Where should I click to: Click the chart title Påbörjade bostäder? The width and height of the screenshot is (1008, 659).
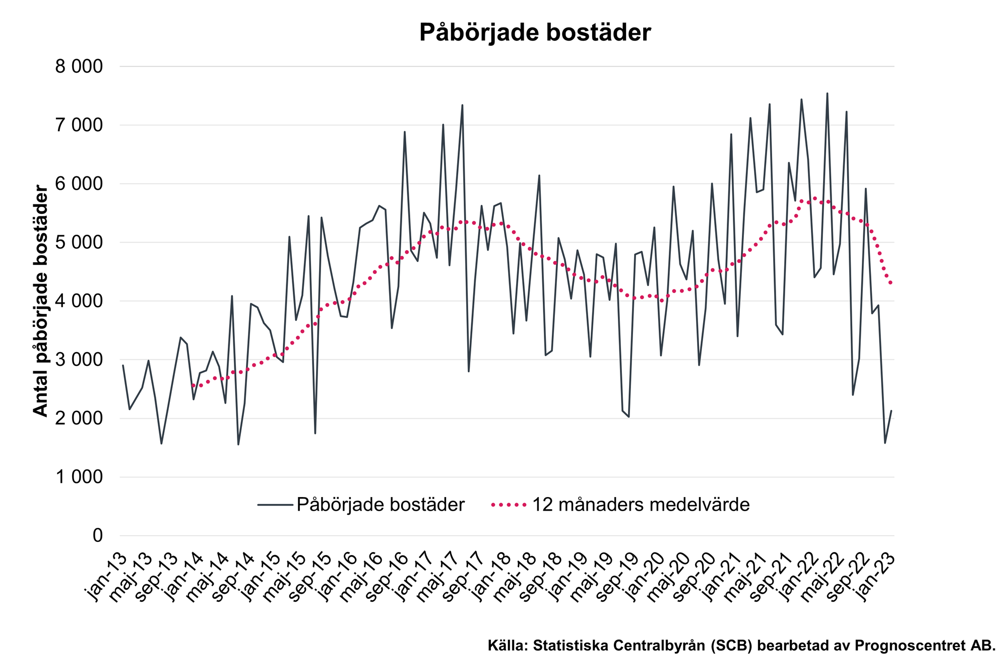click(x=535, y=32)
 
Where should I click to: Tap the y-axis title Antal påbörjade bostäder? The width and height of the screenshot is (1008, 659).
click(x=40, y=301)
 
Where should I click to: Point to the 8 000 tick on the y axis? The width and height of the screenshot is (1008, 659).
click(x=79, y=67)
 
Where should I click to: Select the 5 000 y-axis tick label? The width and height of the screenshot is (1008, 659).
click(x=79, y=243)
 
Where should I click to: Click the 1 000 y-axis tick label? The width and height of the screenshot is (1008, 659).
click(x=79, y=477)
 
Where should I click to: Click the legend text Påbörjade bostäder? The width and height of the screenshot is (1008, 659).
click(x=381, y=505)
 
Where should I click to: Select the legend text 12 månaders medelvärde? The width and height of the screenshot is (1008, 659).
click(x=641, y=505)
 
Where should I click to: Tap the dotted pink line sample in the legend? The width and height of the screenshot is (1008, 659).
click(x=509, y=505)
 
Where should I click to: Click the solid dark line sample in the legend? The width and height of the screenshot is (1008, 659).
click(x=275, y=505)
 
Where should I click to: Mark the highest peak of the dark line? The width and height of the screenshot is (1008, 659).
click(x=827, y=93)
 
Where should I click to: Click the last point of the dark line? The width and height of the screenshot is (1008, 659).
click(x=891, y=411)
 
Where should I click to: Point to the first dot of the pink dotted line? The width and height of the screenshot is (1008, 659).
click(x=193, y=386)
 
